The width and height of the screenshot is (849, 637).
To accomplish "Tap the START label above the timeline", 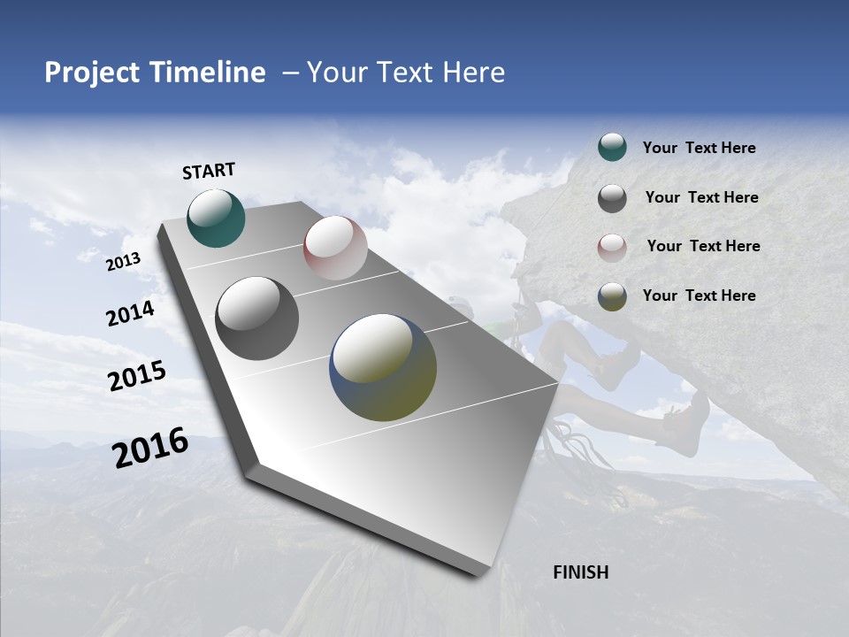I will tap(209, 171).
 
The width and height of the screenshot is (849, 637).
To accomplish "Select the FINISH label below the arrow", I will tap(581, 572).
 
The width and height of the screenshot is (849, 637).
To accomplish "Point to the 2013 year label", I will tap(124, 261).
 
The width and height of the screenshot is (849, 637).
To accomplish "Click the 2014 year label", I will tap(131, 313).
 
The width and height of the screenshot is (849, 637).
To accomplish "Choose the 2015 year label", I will tap(137, 375).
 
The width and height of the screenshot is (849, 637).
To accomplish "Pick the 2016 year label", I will tap(150, 447).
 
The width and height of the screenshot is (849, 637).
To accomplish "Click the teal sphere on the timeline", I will tap(217, 218).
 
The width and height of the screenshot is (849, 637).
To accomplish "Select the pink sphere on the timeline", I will tap(335, 248).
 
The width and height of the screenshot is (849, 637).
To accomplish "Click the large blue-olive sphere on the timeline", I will tap(383, 367).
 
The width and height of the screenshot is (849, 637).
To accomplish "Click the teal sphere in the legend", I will tap(612, 147).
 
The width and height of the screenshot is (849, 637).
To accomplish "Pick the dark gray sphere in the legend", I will tap(612, 198).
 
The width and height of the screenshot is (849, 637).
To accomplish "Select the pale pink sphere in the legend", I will tap(612, 248).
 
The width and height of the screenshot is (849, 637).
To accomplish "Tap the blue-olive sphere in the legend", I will tap(612, 296).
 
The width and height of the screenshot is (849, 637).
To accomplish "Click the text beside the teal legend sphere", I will tap(699, 149).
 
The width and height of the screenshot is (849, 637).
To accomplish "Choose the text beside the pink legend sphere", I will tap(703, 246).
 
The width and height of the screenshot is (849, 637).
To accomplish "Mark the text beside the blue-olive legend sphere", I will tap(699, 295).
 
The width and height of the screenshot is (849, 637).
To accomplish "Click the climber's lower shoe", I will tap(685, 425).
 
